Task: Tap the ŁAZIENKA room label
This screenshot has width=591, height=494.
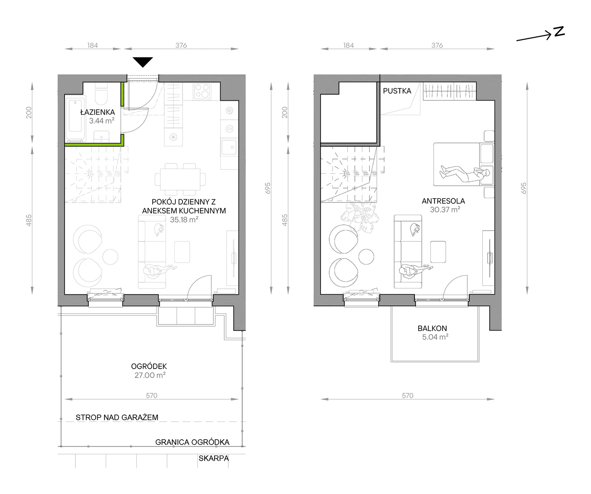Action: pyautogui.click(x=98, y=112)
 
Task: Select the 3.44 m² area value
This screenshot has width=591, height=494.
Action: pyautogui.click(x=102, y=121)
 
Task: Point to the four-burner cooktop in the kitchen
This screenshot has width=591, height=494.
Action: pyautogui.click(x=202, y=91)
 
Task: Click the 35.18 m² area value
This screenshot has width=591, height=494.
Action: pyautogui.click(x=184, y=220)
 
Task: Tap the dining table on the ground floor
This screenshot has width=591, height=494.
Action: pyautogui.click(x=180, y=179)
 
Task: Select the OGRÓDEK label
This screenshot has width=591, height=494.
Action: pyautogui.click(x=149, y=366)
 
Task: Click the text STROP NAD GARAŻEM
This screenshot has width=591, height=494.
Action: pyautogui.click(x=117, y=417)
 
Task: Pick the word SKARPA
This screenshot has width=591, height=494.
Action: pyautogui.click(x=213, y=459)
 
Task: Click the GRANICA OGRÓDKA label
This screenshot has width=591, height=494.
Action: pyautogui.click(x=192, y=442)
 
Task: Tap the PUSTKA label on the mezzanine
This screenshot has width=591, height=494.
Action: pyautogui.click(x=397, y=91)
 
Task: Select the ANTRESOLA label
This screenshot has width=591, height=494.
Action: pyautogui.click(x=443, y=201)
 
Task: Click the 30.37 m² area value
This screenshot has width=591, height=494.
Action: pyautogui.click(x=445, y=210)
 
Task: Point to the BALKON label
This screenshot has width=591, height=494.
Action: pyautogui.click(x=432, y=328)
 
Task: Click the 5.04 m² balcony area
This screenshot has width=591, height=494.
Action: pyautogui.click(x=435, y=337)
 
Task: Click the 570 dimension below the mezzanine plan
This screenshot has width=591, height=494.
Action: pyautogui.click(x=407, y=396)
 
